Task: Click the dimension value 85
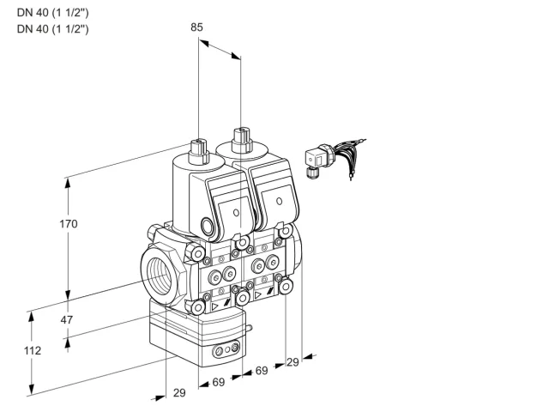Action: coord(196,27)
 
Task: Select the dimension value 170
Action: coord(69,223)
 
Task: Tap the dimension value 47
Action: coord(67,319)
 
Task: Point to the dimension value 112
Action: coord(33,350)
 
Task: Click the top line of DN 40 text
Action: coord(53,13)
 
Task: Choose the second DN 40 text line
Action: coord(53,28)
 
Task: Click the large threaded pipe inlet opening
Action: coord(160,278)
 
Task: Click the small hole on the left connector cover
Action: coord(236,212)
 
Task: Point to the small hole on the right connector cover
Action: coord(279,201)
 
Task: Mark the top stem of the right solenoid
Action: coord(242,140)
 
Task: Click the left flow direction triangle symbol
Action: coord(214,307)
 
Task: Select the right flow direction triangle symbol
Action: coord(258,295)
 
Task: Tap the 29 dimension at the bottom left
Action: coord(179,393)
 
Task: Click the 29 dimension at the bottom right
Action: coord(293,362)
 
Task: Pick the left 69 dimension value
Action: coord(219,382)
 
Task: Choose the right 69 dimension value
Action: coord(261,370)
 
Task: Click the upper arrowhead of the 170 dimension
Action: coord(68,184)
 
